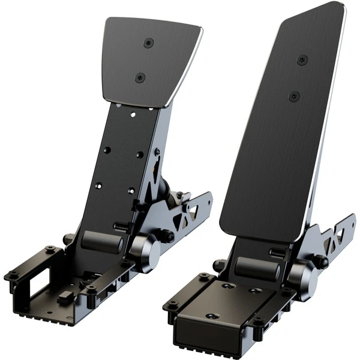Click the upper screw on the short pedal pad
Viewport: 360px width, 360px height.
tap(148, 43)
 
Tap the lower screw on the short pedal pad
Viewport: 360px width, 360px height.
tap(140, 77)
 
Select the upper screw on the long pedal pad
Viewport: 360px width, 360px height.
tap(303, 59)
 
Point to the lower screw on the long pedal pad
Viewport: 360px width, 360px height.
tap(294, 95)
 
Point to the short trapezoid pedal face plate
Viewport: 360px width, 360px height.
tap(151, 57)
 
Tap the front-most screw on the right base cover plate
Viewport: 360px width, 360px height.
tap(212, 316)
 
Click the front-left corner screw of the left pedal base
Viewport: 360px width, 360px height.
tap(11, 275)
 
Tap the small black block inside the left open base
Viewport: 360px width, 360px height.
tap(64, 298)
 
